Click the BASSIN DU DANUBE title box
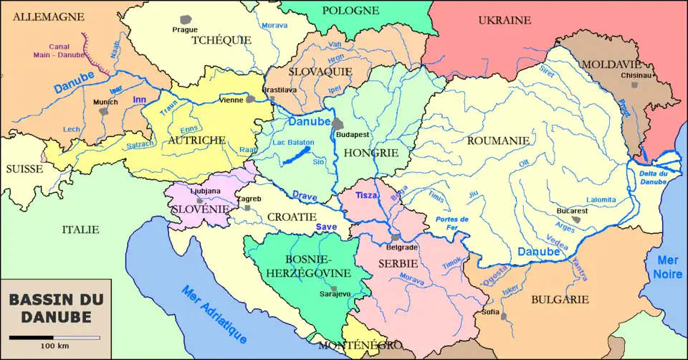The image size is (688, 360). pyautogui.click(x=55, y=308)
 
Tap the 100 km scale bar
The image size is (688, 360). pyautogui.click(x=54, y=337)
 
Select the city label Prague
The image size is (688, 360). pyautogui.click(x=185, y=29)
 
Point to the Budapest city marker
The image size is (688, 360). pyautogui.click(x=337, y=125)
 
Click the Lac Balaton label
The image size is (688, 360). pyautogui.click(x=294, y=143)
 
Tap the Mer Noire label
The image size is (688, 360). pyautogui.click(x=668, y=267)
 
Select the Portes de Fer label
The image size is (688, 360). pyautogui.click(x=452, y=223)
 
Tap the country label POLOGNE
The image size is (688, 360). pyautogui.click(x=350, y=10)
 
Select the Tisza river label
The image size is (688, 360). pyautogui.click(x=366, y=194)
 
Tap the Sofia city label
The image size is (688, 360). pyautogui.click(x=490, y=312)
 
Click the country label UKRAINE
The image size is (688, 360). pyautogui.click(x=505, y=20)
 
